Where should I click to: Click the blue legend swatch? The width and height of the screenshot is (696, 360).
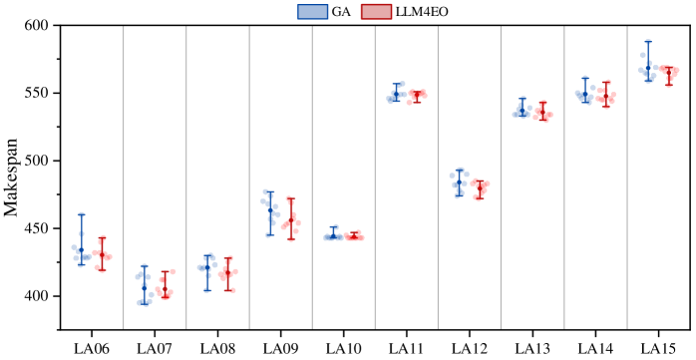point(312,12)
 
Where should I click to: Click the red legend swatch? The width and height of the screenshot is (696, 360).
point(376,12)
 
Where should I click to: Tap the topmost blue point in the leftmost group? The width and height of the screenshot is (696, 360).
point(82,214)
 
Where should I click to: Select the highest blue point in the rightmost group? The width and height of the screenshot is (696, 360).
point(648,42)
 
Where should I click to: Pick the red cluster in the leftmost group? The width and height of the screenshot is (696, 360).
point(102,254)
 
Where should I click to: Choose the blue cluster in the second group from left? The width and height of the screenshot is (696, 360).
point(145,286)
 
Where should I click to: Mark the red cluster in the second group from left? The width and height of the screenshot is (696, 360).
point(165,286)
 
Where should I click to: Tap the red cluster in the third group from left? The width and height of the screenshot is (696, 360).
point(228,273)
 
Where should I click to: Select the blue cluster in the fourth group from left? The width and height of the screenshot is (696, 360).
point(270,211)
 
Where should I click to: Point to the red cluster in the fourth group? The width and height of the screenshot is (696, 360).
point(290,220)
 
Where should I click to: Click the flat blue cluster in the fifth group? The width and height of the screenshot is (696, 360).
point(333,235)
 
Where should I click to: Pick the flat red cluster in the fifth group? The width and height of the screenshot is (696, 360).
point(354,236)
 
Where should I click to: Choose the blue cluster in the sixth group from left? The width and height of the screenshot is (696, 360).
point(396,94)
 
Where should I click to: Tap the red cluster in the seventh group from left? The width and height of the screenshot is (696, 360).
point(480,187)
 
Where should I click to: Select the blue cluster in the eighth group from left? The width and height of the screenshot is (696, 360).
point(522,110)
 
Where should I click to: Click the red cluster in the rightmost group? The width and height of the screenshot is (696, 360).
point(669,74)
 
